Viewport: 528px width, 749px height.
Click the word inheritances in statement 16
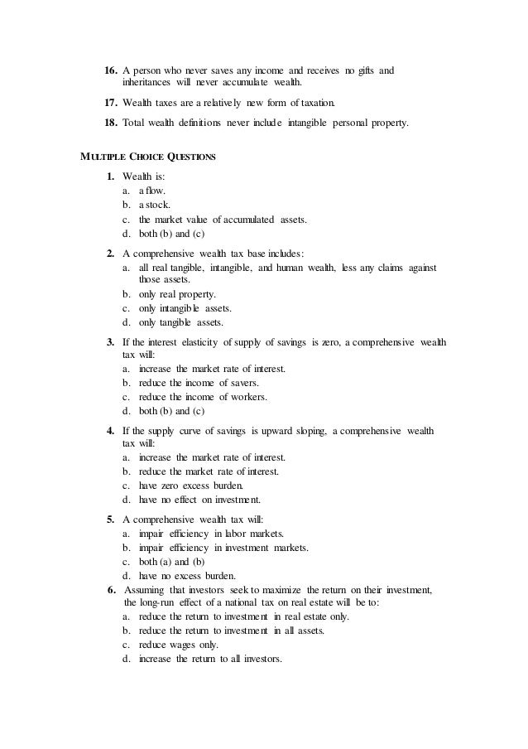point(149,84)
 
